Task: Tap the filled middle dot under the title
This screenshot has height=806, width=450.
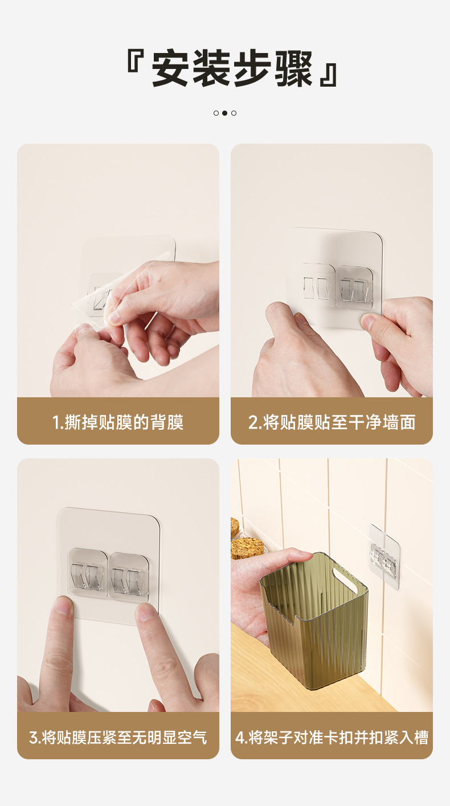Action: tap(224, 113)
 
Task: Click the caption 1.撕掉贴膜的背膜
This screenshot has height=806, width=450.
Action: tap(118, 422)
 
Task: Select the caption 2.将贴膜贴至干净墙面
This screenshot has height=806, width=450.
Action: tap(332, 422)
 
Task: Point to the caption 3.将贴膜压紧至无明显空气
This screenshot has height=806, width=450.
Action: tap(118, 737)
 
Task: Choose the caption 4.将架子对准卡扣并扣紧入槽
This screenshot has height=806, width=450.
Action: tap(332, 737)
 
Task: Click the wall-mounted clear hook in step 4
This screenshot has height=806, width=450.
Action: tap(384, 556)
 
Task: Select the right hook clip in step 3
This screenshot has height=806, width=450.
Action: tap(128, 576)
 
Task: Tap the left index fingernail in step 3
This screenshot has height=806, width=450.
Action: tap(64, 606)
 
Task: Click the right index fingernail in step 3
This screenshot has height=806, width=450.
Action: tap(146, 613)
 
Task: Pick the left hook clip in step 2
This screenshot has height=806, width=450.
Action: tap(317, 284)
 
